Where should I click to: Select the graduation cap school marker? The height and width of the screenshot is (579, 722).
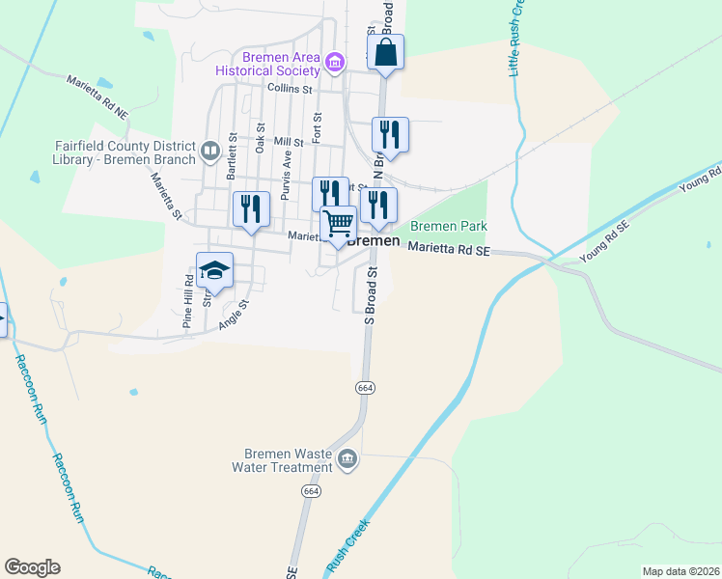click(x=214, y=271)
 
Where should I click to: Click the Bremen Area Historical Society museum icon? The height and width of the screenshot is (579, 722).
click(x=334, y=63)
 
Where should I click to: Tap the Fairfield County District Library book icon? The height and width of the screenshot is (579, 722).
click(x=209, y=150)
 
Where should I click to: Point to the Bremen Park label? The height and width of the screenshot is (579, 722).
click(x=449, y=226)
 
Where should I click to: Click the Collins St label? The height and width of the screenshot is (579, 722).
click(x=290, y=89)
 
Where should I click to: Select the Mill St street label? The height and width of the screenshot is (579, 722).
click(x=289, y=142)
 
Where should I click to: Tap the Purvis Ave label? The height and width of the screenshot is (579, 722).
click(x=286, y=175)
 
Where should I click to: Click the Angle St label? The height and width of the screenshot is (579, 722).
click(x=234, y=314)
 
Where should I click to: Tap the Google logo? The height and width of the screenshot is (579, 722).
click(x=32, y=567)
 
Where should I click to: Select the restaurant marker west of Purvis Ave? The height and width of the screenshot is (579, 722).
click(x=250, y=210)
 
